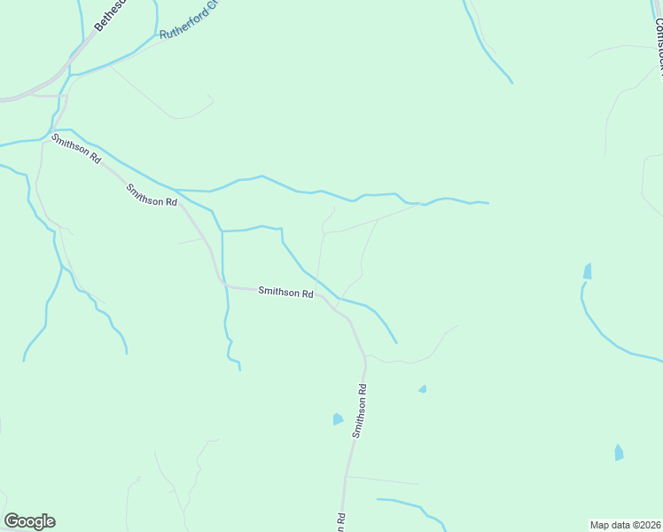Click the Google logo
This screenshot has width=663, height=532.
[29, 521]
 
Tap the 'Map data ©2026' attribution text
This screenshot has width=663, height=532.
[626, 524]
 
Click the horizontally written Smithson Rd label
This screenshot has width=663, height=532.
[285, 292]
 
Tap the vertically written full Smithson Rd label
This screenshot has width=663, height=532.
[359, 411]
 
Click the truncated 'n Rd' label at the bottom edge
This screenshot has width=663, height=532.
[339, 522]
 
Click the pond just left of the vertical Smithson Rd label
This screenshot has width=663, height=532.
[337, 419]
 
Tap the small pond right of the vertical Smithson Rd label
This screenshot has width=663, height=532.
[423, 388]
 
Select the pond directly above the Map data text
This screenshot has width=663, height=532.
[619, 452]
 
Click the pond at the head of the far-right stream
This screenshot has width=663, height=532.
[587, 270]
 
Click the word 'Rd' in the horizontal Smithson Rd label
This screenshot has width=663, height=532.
[307, 293]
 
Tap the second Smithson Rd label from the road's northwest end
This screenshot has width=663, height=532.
[152, 195]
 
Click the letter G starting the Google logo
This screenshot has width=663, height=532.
[12, 521]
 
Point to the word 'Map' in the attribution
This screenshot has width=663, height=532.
[601, 524]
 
